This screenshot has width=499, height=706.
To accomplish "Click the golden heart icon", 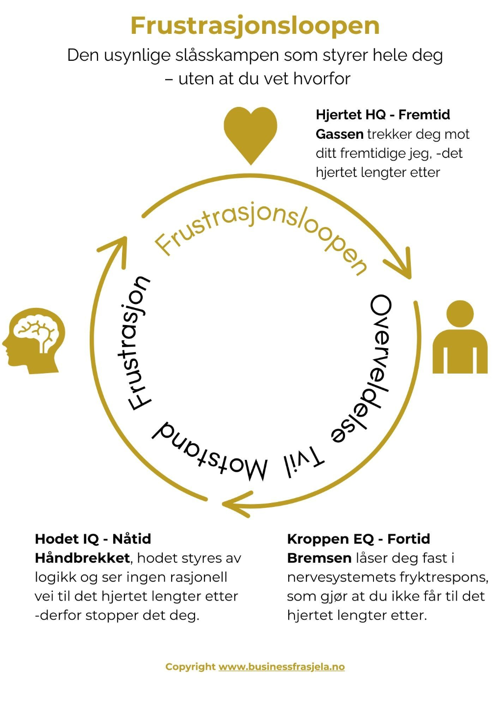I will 250,133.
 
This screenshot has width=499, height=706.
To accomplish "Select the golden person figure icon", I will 460,338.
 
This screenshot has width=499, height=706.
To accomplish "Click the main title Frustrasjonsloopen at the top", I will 255,26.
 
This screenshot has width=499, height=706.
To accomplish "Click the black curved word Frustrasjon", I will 137,343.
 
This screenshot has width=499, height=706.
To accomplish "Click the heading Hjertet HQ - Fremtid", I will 382,115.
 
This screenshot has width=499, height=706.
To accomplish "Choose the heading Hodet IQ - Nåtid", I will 93,539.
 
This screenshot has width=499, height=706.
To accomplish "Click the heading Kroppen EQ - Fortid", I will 358,539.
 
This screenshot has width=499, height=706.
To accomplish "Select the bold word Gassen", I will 339,134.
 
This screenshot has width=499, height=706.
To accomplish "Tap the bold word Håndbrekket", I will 82,558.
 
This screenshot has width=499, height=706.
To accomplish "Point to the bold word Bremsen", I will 319,558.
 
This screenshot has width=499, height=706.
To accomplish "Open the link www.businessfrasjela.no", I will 281,667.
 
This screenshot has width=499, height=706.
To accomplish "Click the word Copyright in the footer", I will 190,667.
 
